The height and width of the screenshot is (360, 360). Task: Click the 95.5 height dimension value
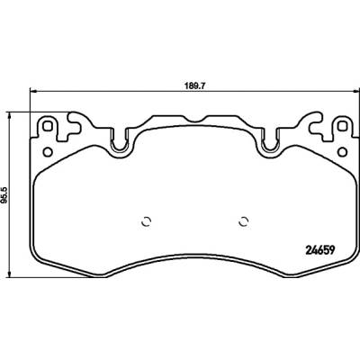[5, 194]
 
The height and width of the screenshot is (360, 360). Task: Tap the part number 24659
[319, 250]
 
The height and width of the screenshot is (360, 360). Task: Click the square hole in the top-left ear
[47, 126]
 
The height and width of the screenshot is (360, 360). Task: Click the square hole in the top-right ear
[342, 126]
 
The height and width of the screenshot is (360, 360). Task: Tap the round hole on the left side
[48, 152]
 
